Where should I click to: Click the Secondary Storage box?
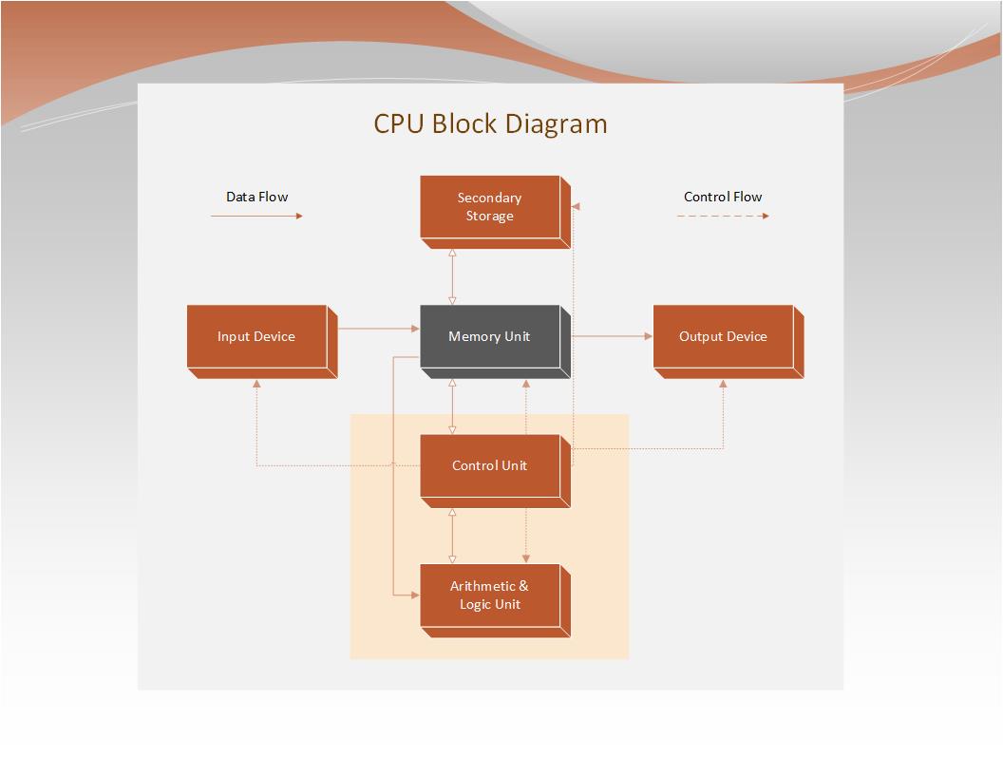tap(495, 212)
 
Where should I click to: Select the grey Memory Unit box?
tap(495, 342)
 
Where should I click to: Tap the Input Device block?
tap(262, 342)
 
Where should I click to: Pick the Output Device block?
tap(729, 342)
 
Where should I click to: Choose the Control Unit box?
tap(495, 471)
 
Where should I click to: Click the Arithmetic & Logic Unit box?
tap(495, 600)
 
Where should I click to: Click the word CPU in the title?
tap(399, 123)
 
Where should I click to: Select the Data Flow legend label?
tap(257, 197)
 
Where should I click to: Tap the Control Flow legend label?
tap(723, 197)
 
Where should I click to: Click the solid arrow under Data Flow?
tap(256, 217)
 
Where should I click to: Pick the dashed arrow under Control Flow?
tap(723, 217)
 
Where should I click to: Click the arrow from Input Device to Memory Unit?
tap(379, 329)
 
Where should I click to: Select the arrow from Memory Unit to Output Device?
tap(613, 335)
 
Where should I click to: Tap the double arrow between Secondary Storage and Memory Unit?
tap(452, 277)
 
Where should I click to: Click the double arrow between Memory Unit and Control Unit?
tap(452, 406)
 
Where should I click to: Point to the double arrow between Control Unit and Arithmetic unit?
tap(452, 536)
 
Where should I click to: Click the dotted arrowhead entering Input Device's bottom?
tap(256, 384)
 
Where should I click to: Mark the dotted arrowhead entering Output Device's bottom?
tap(723, 384)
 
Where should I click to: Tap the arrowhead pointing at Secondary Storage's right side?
tap(575, 206)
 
